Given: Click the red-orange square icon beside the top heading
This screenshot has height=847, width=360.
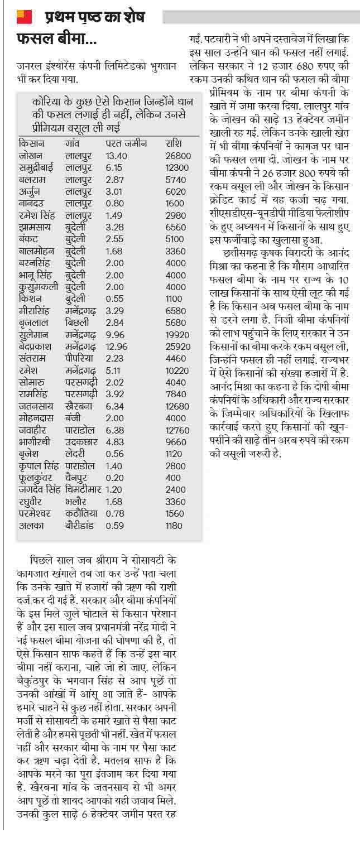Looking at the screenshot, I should point(23,17).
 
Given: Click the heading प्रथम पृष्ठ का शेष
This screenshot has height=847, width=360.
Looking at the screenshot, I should point(94,17).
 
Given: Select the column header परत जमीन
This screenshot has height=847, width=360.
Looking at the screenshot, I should point(126,143).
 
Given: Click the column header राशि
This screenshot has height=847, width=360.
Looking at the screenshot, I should point(174,143).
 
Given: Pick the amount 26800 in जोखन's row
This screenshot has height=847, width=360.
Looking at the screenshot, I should point(178,156).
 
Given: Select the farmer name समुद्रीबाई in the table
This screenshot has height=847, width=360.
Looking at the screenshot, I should point(37,167).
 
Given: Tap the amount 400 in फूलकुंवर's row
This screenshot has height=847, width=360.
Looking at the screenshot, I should point(173,478).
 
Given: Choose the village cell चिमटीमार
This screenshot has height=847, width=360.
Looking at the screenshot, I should point(82,489).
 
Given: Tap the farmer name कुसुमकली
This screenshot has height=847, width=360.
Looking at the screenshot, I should point(37,287).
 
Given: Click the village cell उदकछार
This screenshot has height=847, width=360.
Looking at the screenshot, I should point(80,441).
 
